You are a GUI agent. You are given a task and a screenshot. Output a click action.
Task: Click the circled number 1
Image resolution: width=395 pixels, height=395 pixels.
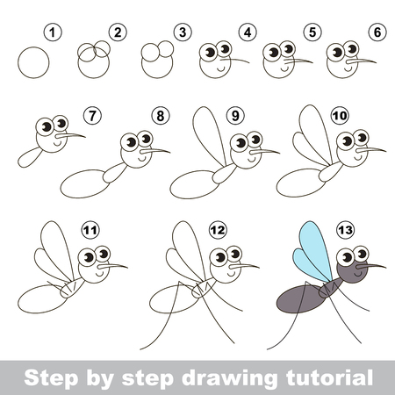(x=53, y=32)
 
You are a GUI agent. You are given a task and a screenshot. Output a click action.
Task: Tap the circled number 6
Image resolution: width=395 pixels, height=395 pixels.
(x=377, y=32)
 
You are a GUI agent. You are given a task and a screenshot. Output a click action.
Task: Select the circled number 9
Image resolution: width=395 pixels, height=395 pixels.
(x=235, y=116)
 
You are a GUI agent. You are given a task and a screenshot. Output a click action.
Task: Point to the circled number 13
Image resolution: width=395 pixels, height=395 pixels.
(x=346, y=230)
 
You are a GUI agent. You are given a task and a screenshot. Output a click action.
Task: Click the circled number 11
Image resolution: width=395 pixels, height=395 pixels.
(x=90, y=230)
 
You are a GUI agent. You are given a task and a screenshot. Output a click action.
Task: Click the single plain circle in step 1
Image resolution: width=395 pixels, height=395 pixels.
(x=33, y=62)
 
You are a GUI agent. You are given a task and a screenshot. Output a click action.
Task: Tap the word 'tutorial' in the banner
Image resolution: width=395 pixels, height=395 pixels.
(x=330, y=377)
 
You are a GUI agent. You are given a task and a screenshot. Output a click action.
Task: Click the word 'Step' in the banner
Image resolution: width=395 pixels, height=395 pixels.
(x=52, y=378)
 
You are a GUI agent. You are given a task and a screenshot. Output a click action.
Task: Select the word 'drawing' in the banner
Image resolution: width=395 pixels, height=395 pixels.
(x=230, y=378)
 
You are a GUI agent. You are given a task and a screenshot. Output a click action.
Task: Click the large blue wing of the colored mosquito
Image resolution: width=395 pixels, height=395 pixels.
(x=316, y=248)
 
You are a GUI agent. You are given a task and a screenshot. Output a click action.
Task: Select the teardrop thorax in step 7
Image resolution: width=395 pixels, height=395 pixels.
(x=30, y=157)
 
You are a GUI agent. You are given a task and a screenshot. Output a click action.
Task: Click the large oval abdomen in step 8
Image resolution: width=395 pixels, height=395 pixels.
(x=84, y=183)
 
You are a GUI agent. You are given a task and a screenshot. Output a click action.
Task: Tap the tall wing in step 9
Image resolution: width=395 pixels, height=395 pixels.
(x=208, y=135)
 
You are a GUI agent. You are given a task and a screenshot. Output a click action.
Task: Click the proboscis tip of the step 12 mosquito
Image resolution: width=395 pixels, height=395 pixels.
(x=259, y=267)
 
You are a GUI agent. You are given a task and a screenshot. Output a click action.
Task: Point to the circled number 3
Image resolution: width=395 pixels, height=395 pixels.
(x=183, y=32)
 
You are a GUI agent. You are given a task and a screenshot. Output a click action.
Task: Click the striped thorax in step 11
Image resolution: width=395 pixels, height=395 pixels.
(x=71, y=288)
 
